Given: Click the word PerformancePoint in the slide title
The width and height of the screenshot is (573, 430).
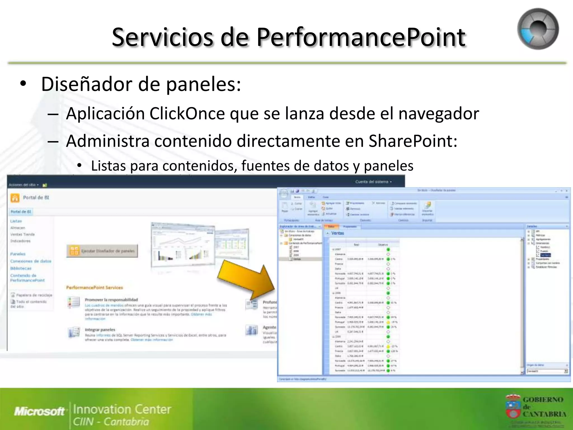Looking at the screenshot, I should (361, 37).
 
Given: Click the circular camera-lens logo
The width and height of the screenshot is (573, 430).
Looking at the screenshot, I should (538, 29).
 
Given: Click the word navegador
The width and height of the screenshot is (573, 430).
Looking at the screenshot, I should (438, 114).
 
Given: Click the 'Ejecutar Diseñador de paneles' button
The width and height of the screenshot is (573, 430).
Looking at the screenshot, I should (102, 251).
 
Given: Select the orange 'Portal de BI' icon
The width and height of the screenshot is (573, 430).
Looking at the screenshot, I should (15, 198).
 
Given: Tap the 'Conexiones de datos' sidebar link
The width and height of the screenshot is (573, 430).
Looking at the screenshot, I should (31, 261).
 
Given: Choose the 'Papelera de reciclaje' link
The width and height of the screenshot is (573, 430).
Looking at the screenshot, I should (34, 295).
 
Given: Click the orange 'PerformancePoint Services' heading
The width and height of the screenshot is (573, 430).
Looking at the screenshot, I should (95, 288).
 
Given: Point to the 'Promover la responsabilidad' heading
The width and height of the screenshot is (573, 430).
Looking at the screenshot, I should (111, 300).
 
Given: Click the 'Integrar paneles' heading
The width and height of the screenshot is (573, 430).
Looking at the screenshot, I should (100, 329).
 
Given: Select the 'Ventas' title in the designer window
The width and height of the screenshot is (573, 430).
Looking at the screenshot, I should (337, 233).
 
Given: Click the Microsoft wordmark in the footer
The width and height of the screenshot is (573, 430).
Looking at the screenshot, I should (39, 411).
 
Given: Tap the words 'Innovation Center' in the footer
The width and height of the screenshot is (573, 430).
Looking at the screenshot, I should (122, 409).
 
